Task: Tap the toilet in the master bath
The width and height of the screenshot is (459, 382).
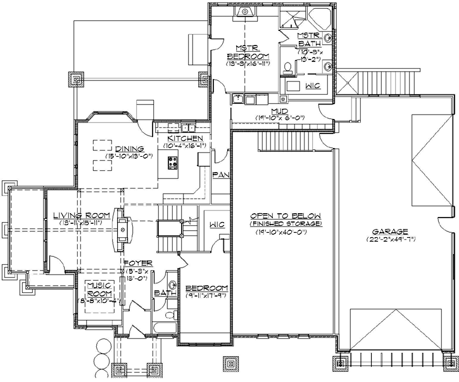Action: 286,66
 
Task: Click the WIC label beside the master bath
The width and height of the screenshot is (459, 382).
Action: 312,84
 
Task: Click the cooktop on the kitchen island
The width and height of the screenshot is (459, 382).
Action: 172,163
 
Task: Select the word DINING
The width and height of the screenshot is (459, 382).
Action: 118,149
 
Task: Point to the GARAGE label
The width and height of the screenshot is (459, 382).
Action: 390,231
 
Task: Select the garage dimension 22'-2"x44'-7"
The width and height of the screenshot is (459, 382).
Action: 390,240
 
